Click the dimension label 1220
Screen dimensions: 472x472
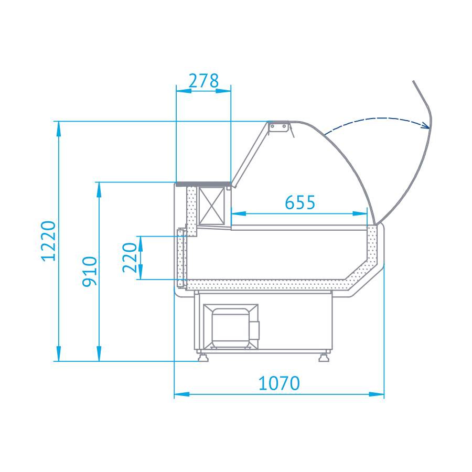(x=48, y=241)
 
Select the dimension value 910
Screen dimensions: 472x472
(x=90, y=272)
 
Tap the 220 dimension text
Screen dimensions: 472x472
(x=130, y=258)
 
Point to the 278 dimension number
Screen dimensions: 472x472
(x=203, y=81)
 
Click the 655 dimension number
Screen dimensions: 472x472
(x=300, y=202)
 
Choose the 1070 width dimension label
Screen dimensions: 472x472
(x=279, y=383)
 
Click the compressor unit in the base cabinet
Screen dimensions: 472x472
(x=231, y=327)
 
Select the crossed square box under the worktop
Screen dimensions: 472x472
(x=212, y=206)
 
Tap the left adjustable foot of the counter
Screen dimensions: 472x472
(x=203, y=357)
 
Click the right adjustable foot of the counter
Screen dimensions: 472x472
(x=324, y=357)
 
